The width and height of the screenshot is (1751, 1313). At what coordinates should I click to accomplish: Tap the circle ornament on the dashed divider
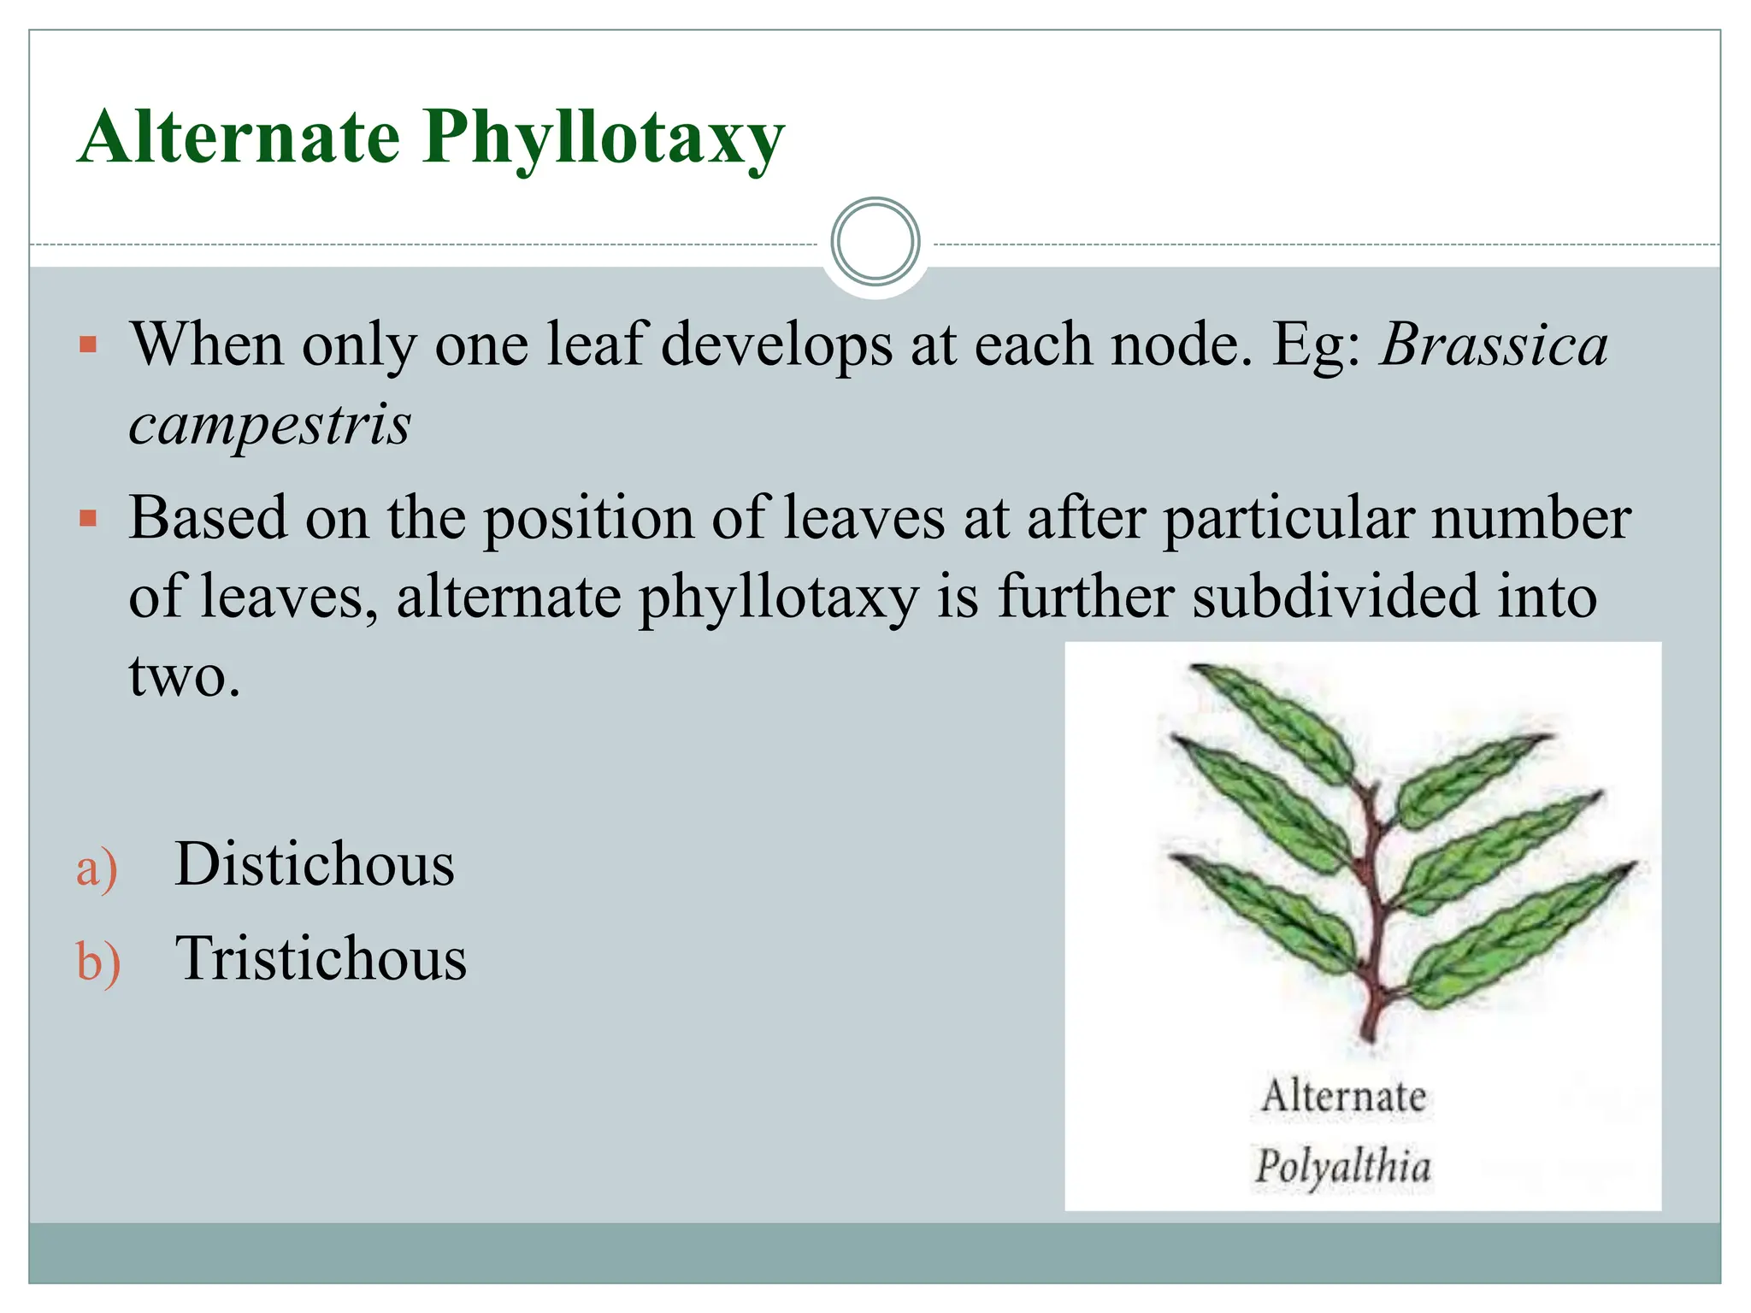[x=875, y=242]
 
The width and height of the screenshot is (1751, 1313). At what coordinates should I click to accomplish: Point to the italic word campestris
[x=269, y=424]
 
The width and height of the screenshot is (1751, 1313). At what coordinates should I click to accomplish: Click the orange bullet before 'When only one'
[x=88, y=345]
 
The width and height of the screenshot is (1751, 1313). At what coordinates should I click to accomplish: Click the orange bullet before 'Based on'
[x=88, y=518]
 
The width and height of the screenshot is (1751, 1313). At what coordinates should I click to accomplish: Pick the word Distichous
[x=314, y=864]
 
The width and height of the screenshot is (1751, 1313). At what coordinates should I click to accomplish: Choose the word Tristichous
[x=321, y=958]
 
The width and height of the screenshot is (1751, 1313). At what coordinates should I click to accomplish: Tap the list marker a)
[x=97, y=868]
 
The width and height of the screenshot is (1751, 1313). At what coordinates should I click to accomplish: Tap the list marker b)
[x=98, y=962]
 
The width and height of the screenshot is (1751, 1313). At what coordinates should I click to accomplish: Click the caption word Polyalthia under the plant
[x=1342, y=1167]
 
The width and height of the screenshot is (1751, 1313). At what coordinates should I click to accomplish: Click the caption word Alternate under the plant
[x=1343, y=1096]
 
